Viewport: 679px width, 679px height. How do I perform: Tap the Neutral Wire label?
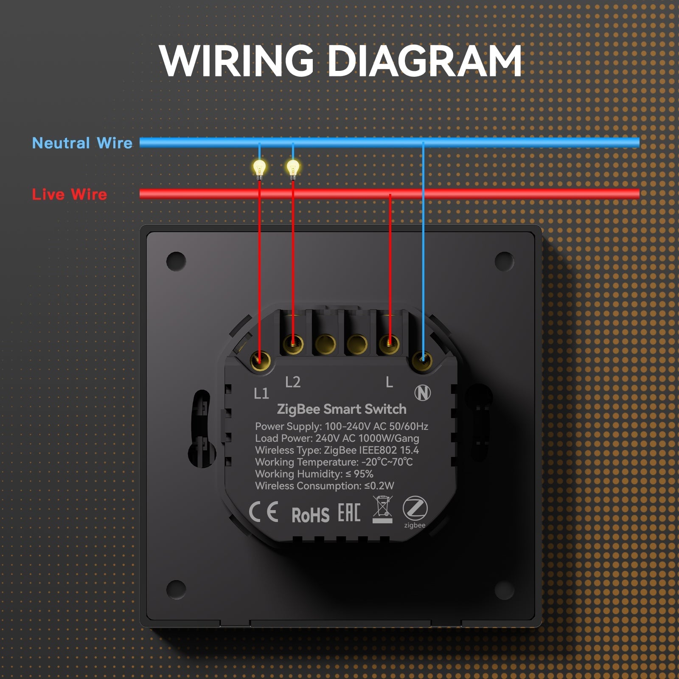pos(82,143)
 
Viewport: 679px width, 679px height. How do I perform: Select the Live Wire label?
pos(70,194)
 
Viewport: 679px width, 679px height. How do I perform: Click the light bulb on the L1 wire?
pos(259,168)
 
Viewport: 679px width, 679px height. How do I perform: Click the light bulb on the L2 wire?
pos(293,168)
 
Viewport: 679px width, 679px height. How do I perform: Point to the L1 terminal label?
pos(261,393)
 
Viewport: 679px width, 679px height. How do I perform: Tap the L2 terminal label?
pos(293,382)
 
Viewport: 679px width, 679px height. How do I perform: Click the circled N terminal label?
pos(422,393)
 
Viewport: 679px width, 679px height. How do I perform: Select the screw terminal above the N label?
pos(422,361)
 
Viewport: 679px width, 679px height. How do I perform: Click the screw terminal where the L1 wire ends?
pos(260,361)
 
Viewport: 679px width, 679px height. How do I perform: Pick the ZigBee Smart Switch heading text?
pos(342,409)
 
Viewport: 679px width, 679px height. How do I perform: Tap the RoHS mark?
pos(310,515)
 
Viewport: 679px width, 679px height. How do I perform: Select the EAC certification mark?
pos(349,513)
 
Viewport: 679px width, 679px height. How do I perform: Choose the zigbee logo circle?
pos(415,508)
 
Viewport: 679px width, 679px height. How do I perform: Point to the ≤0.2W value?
pos(379,486)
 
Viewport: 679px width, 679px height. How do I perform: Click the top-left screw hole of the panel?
pos(176,261)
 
